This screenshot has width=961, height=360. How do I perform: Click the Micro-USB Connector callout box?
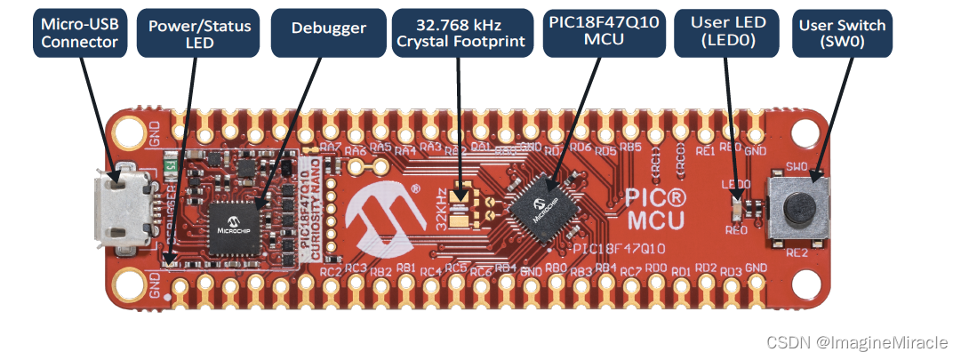coord(80,32)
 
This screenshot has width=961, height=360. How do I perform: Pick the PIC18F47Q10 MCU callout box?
coord(604,32)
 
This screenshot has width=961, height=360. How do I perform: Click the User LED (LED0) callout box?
coord(722,32)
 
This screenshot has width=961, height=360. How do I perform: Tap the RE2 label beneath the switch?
coord(797,253)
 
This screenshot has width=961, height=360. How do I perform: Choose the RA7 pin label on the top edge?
coord(331,145)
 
